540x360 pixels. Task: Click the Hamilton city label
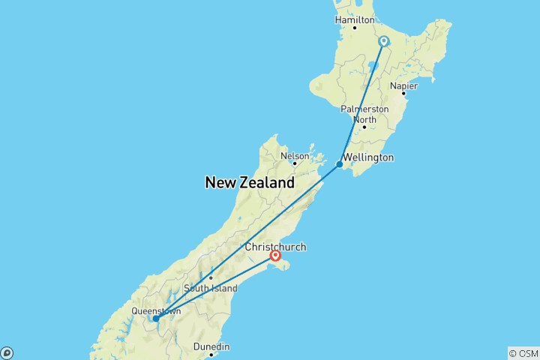coord(355,19)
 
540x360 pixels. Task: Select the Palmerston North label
coord(364,114)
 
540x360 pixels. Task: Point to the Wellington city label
coord(367,158)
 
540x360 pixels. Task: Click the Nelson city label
coord(294,156)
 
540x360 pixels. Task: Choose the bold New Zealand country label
coord(250,182)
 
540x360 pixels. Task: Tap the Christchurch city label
coord(275,247)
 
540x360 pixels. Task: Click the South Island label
coord(211,288)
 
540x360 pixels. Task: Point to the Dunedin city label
coord(211,346)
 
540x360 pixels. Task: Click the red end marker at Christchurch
coord(276,256)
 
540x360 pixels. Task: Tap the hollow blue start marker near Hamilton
coord(383,41)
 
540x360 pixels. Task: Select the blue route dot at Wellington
coord(340,164)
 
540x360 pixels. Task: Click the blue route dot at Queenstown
coord(155,319)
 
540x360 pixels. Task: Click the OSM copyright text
coord(523,352)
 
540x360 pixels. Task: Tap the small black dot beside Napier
coord(403,94)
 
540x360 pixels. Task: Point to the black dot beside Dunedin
coord(211,354)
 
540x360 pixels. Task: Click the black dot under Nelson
coord(295,163)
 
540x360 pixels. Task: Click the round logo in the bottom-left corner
coord(7,352)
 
